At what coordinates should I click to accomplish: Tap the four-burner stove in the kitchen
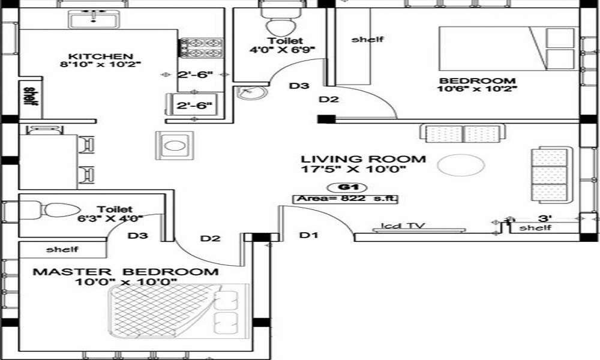(202, 48)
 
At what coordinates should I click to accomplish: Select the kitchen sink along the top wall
(95, 20)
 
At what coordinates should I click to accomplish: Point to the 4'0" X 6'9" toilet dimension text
(283, 50)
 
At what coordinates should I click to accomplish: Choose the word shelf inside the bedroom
(367, 40)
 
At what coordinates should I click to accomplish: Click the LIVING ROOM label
(363, 159)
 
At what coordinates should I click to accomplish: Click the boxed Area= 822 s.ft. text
(346, 199)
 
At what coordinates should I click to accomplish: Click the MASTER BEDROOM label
(125, 272)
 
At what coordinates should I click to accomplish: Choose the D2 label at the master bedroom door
(210, 239)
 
